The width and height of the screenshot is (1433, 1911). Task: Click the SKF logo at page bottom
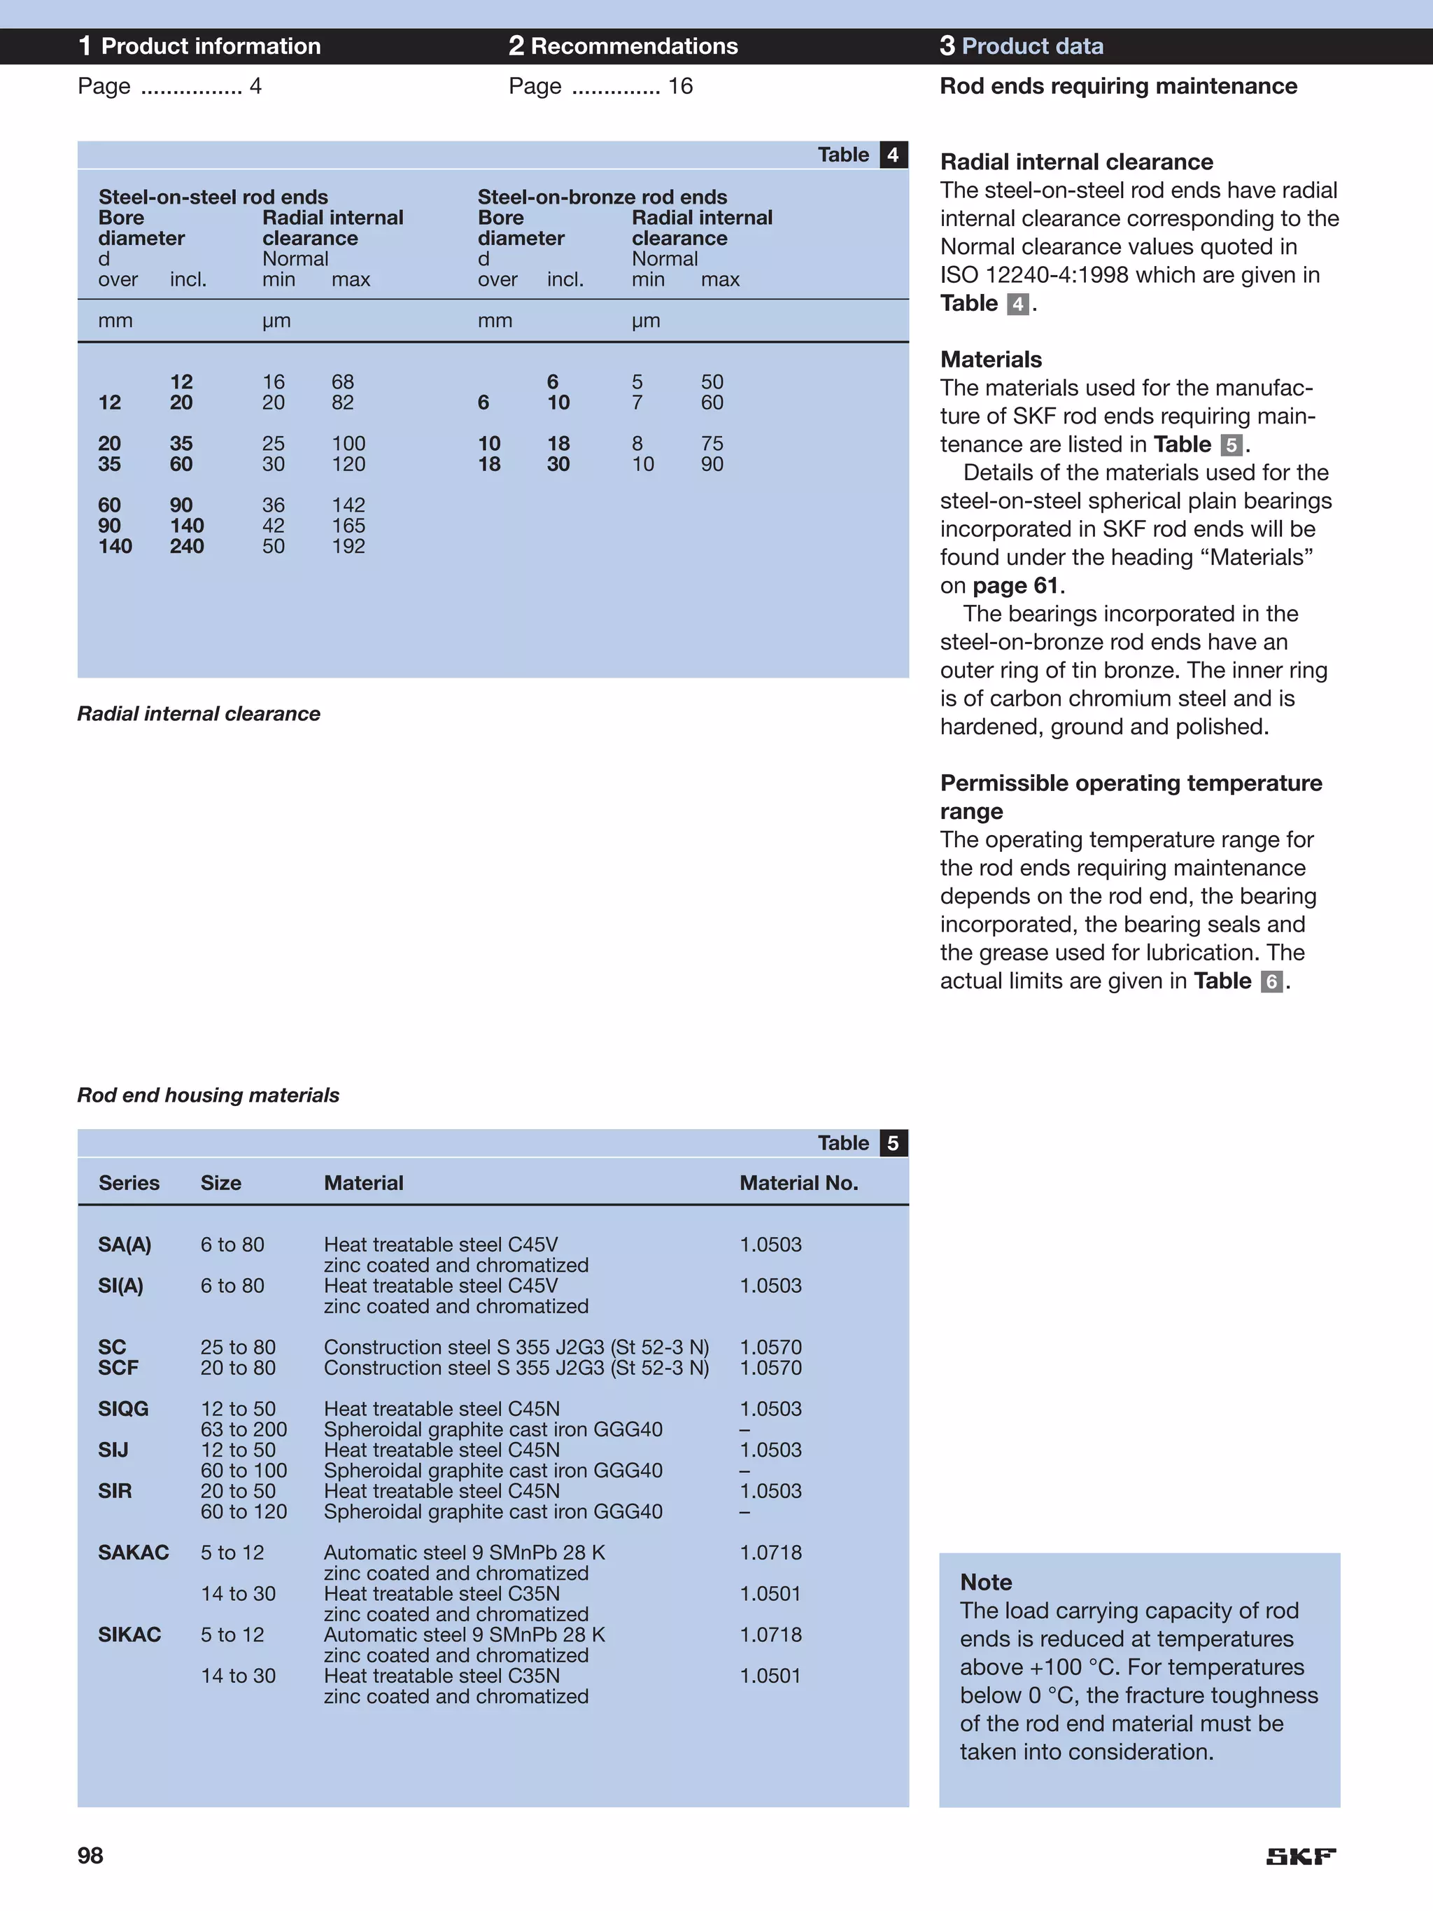click(x=1300, y=1856)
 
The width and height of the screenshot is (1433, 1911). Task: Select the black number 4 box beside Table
click(x=893, y=155)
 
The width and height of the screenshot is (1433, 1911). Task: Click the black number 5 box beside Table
click(x=893, y=1143)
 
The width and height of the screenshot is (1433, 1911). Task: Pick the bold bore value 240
click(x=187, y=546)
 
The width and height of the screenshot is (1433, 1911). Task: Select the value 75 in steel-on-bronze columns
click(x=712, y=443)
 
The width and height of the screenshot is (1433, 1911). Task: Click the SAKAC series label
click(x=133, y=1553)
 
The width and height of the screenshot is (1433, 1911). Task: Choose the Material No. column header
click(x=798, y=1183)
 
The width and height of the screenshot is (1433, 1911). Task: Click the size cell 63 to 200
click(x=243, y=1429)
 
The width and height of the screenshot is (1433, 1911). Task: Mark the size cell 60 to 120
click(x=243, y=1511)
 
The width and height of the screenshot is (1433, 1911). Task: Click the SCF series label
click(x=118, y=1368)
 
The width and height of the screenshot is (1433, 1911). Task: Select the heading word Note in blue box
click(x=986, y=1582)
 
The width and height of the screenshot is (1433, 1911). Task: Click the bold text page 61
click(x=1015, y=585)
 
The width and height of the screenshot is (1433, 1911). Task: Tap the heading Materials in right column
click(x=991, y=359)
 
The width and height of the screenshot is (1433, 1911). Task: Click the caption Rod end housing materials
click(x=209, y=1095)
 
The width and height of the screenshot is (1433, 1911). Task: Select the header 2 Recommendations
click(x=623, y=45)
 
